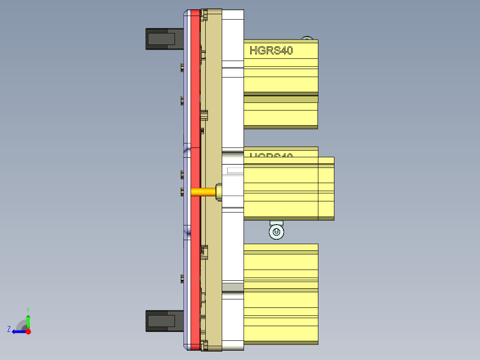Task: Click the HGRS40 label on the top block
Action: pyautogui.click(x=271, y=50)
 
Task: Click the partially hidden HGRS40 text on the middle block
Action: pyautogui.click(x=271, y=156)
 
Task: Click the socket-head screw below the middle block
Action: pyautogui.click(x=276, y=232)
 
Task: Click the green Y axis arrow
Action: pyautogui.click(x=28, y=320)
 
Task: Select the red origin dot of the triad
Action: pyautogui.click(x=28, y=331)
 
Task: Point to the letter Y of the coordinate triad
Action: pyautogui.click(x=28, y=309)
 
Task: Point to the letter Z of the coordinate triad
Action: pyautogui.click(x=9, y=329)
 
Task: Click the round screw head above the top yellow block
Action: pyautogui.click(x=307, y=38)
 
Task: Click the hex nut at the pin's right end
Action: pyautogui.click(x=219, y=192)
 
